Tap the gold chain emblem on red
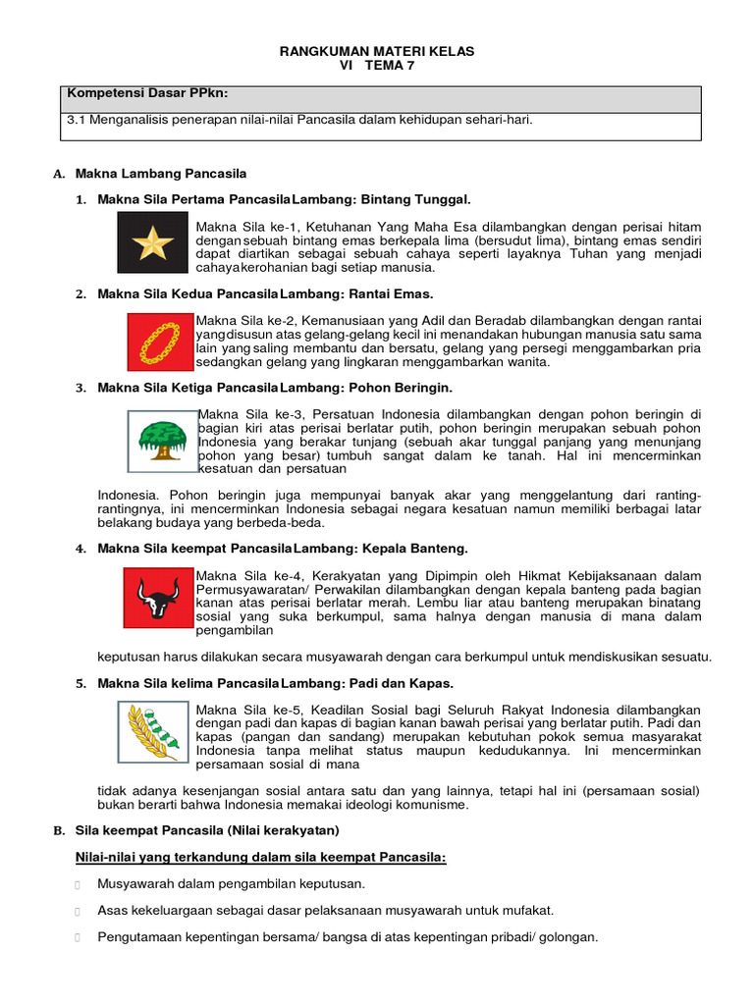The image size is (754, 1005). [x=161, y=342]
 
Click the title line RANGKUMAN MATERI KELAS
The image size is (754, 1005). [x=377, y=51]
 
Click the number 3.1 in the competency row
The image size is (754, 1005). [x=76, y=120]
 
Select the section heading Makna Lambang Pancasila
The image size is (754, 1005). [x=161, y=174]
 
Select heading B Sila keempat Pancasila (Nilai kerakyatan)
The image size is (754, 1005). [x=206, y=830]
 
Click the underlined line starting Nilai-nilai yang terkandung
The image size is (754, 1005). [x=260, y=858]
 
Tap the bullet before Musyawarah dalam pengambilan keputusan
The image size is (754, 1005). [x=78, y=884]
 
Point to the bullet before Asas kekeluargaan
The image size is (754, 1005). [x=78, y=911]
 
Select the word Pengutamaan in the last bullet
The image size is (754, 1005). [x=137, y=937]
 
